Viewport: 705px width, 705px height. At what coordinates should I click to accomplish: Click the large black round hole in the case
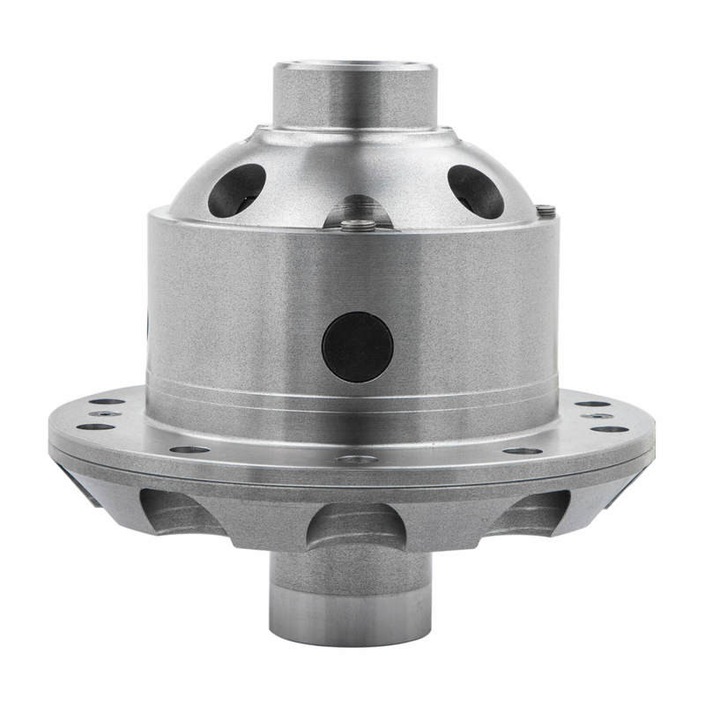coord(357,345)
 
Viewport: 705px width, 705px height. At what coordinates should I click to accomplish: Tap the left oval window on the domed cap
coord(236,189)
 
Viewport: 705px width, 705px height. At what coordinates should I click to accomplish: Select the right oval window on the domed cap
coord(475,190)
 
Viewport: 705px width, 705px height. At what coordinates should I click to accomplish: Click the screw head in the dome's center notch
coord(357,224)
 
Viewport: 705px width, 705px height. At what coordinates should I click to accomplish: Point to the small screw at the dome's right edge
coord(545,210)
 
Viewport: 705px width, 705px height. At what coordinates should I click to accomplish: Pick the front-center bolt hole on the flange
coord(356,459)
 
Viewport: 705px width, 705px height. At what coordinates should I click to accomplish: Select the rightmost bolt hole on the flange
coord(610,429)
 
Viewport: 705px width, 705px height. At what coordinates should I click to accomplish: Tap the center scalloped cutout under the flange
coord(355,525)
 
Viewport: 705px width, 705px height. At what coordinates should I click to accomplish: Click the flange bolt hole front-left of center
coord(189,449)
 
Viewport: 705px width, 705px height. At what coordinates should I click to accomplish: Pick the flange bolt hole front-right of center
coord(523,451)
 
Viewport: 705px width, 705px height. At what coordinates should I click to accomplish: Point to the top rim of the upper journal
coord(354,65)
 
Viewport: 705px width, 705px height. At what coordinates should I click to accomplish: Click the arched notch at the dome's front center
coord(357,211)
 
